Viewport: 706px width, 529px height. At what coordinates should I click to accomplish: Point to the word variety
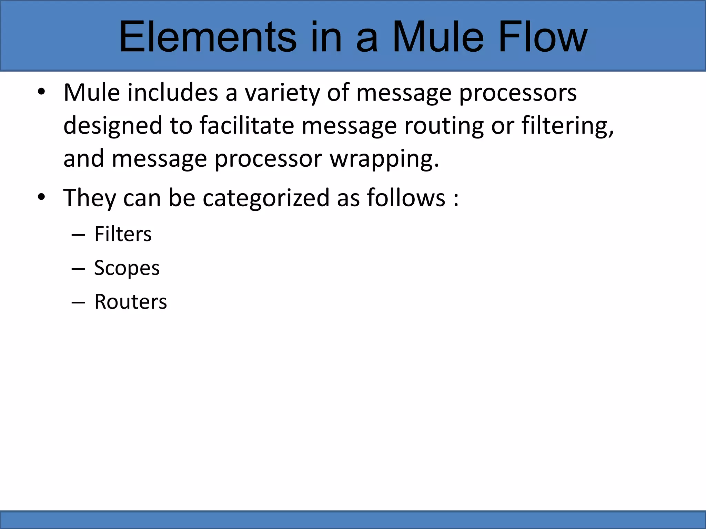[x=282, y=93]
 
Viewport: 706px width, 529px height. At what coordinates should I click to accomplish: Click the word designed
[x=112, y=126]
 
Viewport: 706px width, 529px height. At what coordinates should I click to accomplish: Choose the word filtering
[x=567, y=126]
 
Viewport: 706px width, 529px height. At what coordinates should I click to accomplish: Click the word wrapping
[x=384, y=159]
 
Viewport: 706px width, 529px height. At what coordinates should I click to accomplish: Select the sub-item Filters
[x=123, y=234]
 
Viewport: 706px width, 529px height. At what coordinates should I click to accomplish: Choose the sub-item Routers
[x=131, y=302]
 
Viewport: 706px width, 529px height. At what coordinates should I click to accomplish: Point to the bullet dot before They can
[x=41, y=198]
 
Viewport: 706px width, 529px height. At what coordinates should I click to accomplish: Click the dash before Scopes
[x=78, y=269]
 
